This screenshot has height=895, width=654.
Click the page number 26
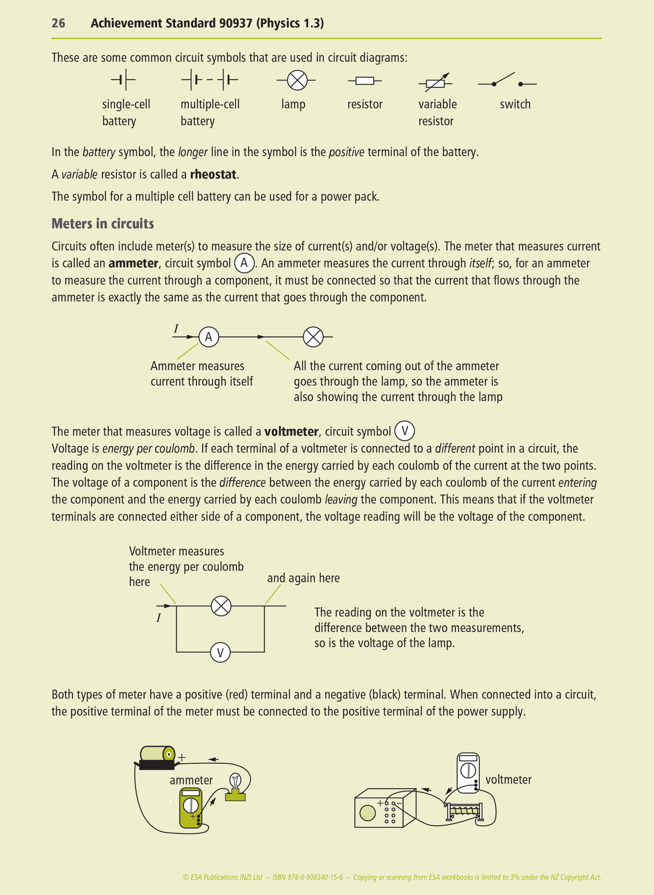(58, 23)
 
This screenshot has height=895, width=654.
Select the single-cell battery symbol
(124, 81)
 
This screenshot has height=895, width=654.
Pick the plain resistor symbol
(364, 81)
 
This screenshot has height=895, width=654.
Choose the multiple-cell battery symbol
(210, 81)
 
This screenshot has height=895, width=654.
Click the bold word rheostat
(213, 174)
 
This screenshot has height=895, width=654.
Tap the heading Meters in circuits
(103, 224)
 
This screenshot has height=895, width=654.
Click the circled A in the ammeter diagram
(209, 337)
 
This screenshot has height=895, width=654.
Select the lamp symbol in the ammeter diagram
(313, 337)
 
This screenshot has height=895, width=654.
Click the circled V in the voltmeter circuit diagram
(220, 652)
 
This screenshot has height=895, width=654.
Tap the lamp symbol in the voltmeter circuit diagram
(221, 606)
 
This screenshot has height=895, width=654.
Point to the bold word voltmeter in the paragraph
(291, 431)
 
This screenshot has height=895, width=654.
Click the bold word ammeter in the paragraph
(133, 263)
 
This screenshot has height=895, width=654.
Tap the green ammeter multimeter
(191, 808)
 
